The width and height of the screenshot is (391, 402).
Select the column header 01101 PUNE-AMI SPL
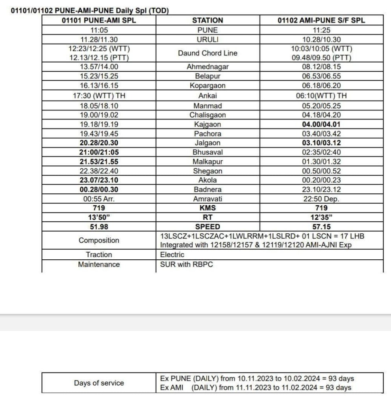(x=99, y=20)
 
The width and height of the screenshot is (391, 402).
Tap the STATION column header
(x=208, y=20)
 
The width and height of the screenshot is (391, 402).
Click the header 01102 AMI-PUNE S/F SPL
(x=321, y=20)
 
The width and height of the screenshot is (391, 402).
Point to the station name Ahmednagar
(x=208, y=67)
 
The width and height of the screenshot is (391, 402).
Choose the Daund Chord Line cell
(x=208, y=53)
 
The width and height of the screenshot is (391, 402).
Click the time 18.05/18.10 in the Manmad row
(x=99, y=106)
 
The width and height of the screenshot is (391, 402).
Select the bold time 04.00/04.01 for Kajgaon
(x=321, y=124)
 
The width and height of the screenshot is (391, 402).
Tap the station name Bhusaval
(x=208, y=152)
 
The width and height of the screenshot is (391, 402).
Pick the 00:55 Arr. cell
(x=99, y=199)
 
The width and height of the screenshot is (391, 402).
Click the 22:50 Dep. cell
(x=321, y=199)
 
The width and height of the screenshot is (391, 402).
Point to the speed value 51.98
(x=99, y=227)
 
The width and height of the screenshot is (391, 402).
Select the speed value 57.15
(x=321, y=227)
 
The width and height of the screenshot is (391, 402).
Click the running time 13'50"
(x=99, y=217)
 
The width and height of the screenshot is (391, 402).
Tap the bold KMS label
(x=208, y=208)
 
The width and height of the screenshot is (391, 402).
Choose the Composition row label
(x=99, y=240)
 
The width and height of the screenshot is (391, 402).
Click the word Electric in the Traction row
(x=172, y=255)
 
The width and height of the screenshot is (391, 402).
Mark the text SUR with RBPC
(x=186, y=264)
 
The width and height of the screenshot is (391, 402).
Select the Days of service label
(x=99, y=383)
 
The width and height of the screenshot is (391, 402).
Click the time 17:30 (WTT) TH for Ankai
(x=99, y=95)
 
